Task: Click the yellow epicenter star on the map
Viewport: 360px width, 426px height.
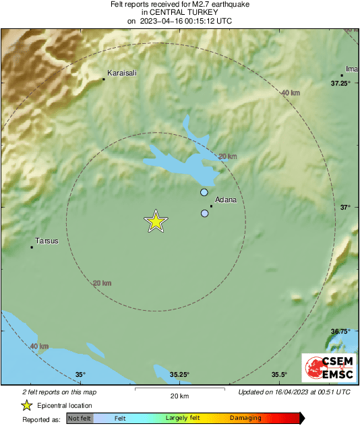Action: click(x=156, y=221)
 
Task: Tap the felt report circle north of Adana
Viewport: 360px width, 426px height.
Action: click(x=204, y=193)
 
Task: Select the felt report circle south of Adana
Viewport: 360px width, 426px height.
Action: click(x=204, y=214)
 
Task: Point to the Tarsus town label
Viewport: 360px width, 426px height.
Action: click(x=47, y=241)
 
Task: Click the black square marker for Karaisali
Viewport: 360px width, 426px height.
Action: click(x=104, y=80)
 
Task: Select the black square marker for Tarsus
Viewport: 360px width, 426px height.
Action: click(x=32, y=247)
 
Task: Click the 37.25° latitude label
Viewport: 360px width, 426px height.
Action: click(x=340, y=84)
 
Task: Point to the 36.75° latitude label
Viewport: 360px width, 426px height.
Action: click(x=340, y=332)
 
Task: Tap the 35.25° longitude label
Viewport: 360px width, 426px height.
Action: click(x=179, y=375)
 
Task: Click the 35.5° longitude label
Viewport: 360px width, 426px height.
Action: click(x=280, y=375)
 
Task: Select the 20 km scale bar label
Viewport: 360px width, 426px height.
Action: click(x=179, y=396)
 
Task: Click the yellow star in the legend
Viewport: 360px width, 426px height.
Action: click(x=26, y=405)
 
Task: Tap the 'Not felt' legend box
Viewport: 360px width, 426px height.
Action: click(x=80, y=419)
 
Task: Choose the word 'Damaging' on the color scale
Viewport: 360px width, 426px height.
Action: click(x=245, y=419)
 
